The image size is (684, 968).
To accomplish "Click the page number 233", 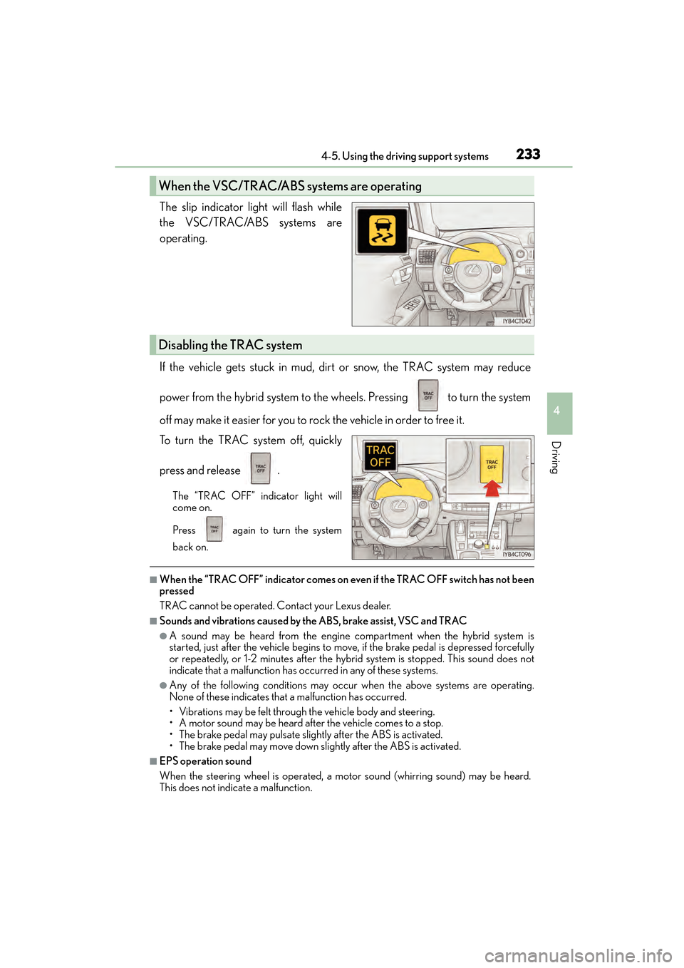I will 528,154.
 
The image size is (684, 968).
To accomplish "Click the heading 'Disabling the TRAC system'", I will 230,345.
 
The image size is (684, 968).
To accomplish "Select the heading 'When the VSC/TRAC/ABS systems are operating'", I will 290,186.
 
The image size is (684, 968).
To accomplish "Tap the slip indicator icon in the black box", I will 382,231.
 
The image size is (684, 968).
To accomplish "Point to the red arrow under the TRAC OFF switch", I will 492,488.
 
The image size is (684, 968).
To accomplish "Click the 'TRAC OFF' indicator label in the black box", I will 380,456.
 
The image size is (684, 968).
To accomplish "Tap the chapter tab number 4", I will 556,411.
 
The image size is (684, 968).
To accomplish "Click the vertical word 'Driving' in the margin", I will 556,458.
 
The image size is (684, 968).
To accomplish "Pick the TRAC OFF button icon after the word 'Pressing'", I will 428,396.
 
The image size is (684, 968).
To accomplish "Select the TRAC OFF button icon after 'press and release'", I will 261,468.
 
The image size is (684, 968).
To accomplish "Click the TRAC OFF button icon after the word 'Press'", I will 214,529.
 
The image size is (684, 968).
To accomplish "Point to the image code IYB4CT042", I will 517,321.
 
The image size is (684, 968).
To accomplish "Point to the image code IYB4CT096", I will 517,554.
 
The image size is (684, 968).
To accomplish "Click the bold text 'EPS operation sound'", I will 205,761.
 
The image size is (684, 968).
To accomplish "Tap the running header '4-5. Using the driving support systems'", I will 405,156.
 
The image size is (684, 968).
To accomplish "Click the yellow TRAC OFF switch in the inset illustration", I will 492,463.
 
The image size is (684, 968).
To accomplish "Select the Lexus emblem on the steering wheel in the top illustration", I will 472,270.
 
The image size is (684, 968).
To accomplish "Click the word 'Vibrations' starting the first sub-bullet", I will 201,711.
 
